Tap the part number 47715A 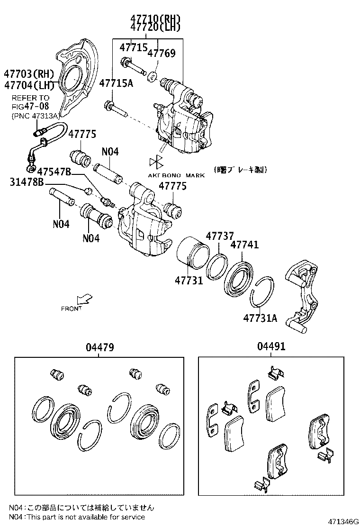click(x=117, y=83)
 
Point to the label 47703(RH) click(x=29, y=74)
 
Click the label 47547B click(x=54, y=171)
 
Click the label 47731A click(x=260, y=318)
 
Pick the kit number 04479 click(x=99, y=347)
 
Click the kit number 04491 click(x=271, y=347)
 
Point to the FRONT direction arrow click(x=85, y=300)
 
